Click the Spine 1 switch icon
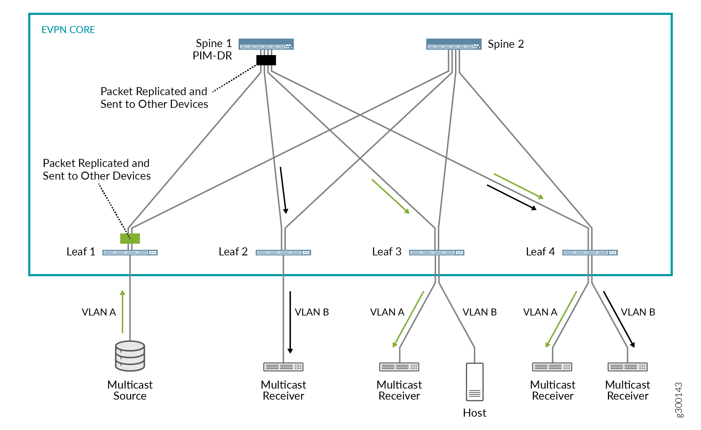(x=266, y=44)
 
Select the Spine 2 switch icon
(x=454, y=44)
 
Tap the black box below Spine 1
(x=266, y=60)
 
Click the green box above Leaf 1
(x=130, y=238)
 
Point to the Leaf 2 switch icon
(x=283, y=252)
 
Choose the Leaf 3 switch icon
(x=437, y=252)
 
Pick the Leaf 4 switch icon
(x=590, y=252)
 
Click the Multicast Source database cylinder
(x=130, y=356)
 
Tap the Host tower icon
(x=474, y=382)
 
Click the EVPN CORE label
(x=68, y=30)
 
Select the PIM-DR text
(x=212, y=56)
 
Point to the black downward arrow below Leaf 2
(x=290, y=322)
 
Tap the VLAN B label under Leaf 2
(x=312, y=312)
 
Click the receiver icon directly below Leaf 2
(x=283, y=367)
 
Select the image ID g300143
(x=679, y=400)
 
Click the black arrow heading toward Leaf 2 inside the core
(x=283, y=190)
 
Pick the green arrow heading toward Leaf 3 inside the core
(x=390, y=196)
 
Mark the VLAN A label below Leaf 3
(x=387, y=312)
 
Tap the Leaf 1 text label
(x=81, y=252)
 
